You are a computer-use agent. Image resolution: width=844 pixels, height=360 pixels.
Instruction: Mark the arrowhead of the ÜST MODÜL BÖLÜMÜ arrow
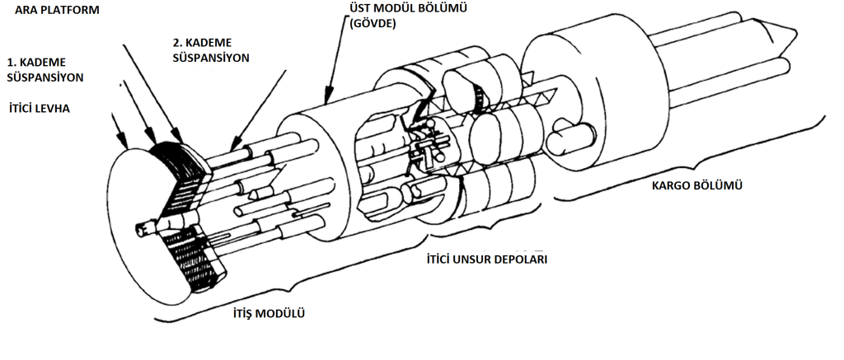(328, 101)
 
